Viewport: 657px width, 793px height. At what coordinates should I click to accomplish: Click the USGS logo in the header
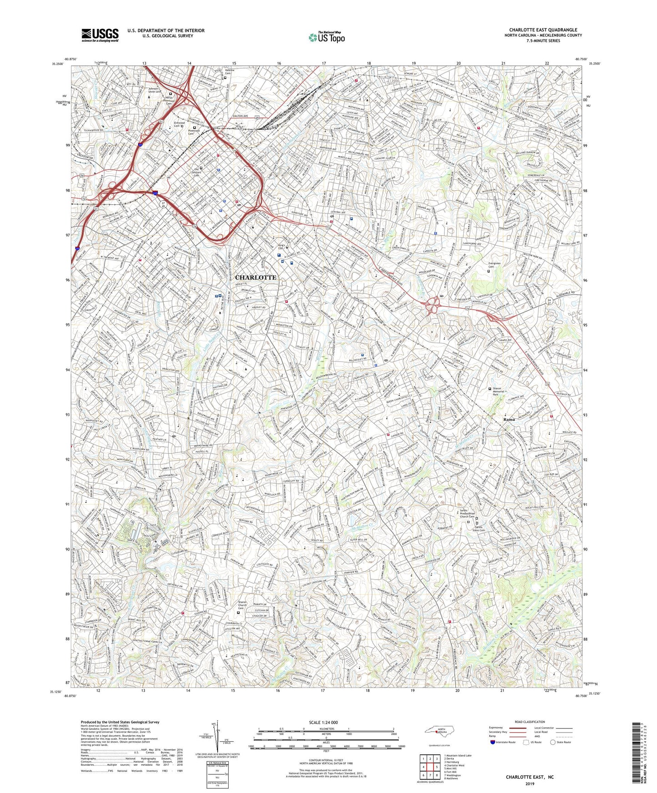tap(100, 35)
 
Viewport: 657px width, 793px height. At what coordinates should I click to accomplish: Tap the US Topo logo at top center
tap(326, 37)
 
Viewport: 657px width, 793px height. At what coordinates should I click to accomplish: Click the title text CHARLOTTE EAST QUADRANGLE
tap(543, 30)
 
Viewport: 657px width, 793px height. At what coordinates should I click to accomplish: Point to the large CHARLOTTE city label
tap(256, 277)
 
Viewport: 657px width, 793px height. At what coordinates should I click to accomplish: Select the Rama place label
tap(509, 419)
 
